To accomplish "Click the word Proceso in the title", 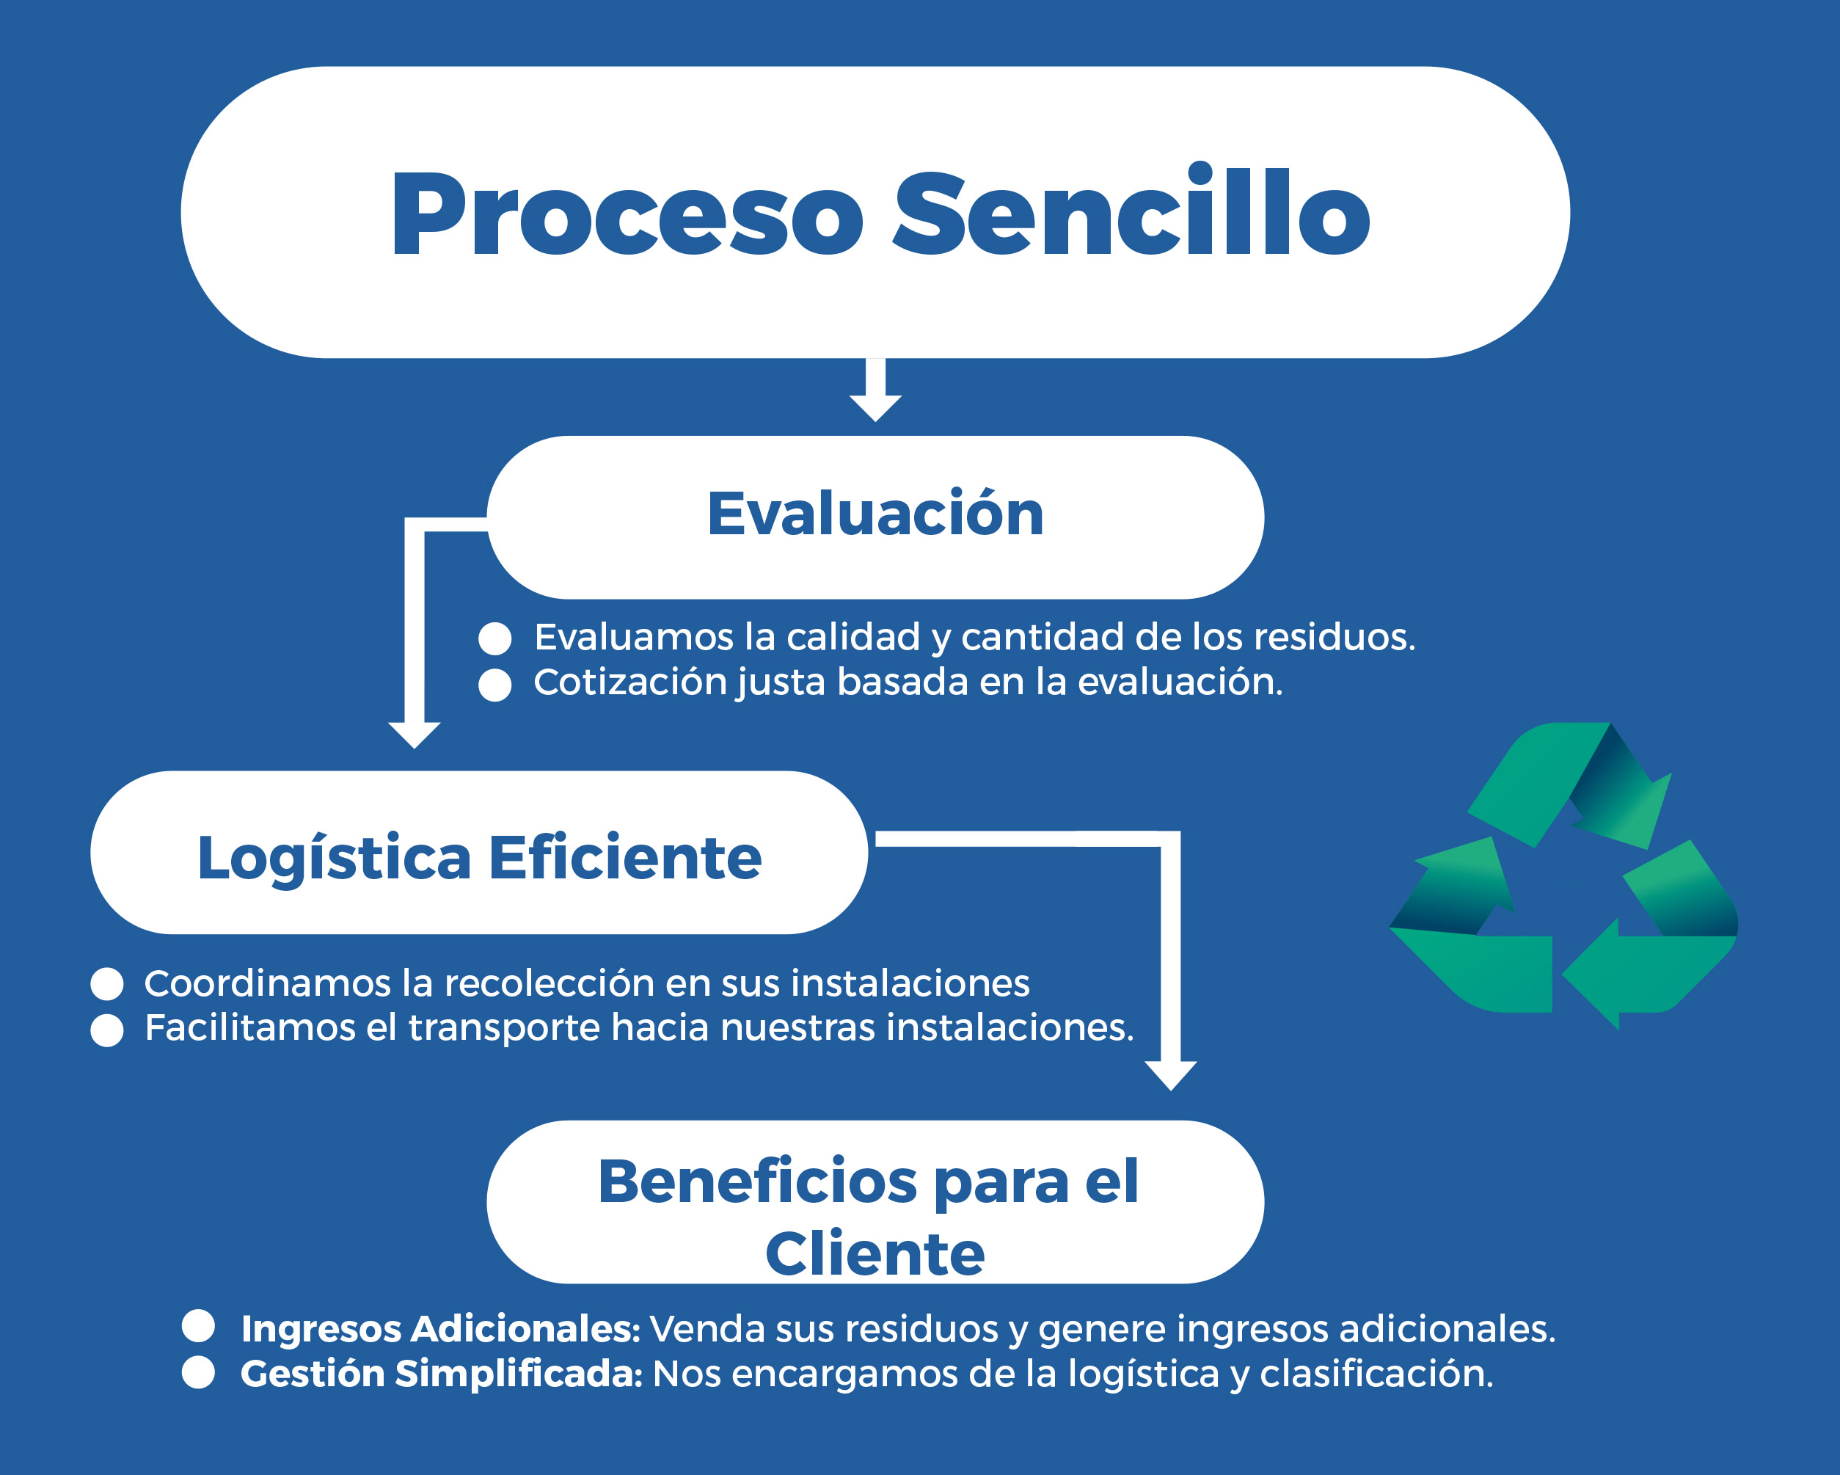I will pos(627,214).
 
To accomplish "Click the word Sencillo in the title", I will pos(1131,214).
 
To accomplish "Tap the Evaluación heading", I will pos(875,514).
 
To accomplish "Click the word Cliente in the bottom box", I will pos(875,1254).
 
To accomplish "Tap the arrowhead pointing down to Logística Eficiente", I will pos(414,733).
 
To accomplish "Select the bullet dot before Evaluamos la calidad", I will pos(495,638).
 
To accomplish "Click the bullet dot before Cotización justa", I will pos(495,685).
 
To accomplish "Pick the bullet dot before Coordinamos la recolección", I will pos(106,984).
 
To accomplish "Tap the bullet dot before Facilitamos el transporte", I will pos(106,1030).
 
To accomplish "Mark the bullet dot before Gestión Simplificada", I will pos(198,1372).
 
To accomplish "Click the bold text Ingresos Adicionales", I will pos(440,1329).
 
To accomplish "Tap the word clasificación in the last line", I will pos(1376,1374).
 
